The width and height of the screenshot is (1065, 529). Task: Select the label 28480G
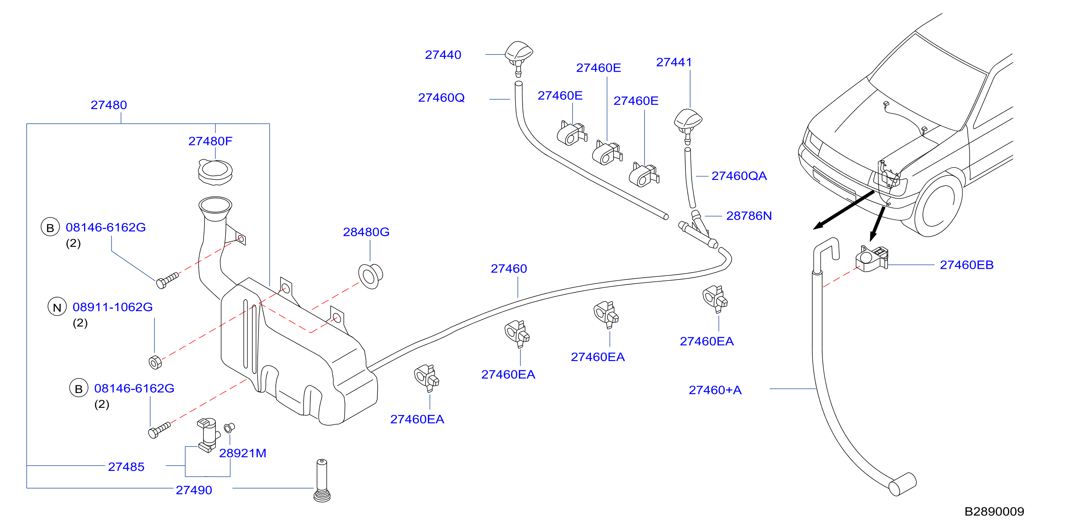pos(366,232)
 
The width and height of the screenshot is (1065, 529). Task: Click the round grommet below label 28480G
pos(371,276)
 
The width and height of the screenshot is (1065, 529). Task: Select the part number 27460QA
pos(739,176)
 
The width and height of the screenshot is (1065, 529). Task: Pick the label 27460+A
pos(715,390)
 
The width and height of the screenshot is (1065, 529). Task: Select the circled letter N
pos(57,307)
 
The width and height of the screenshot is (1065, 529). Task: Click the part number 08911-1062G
pos(113,307)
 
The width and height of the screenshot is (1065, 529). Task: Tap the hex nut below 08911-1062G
pos(155,362)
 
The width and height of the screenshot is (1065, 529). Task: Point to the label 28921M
pos(243,453)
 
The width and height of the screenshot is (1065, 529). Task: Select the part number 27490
pos(193,490)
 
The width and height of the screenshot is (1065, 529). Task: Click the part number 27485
pos(126,467)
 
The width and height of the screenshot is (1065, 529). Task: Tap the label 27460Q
pos(441,98)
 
